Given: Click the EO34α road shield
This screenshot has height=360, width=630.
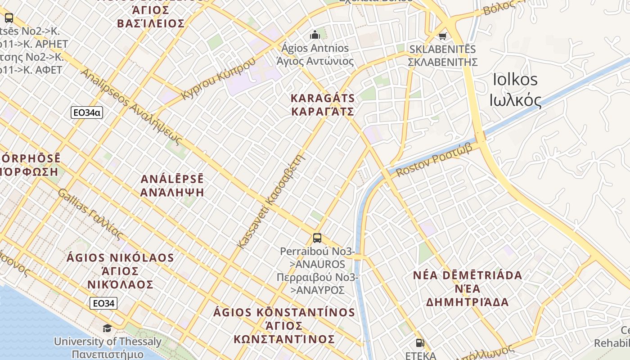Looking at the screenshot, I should click(87, 112).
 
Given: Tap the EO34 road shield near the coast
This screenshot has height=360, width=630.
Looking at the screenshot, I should click(103, 303).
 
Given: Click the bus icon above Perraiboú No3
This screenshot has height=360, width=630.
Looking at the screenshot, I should click(317, 238).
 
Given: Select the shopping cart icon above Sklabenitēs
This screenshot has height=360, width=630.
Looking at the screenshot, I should click(443, 36).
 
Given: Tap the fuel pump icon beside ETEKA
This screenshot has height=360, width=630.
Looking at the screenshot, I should click(420, 343).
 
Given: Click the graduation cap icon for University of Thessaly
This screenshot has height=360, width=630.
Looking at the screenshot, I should click(107, 328).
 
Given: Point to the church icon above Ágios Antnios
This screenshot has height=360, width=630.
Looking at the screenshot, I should click(315, 35).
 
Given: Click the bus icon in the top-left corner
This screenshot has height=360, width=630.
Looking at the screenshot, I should click(9, 18).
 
